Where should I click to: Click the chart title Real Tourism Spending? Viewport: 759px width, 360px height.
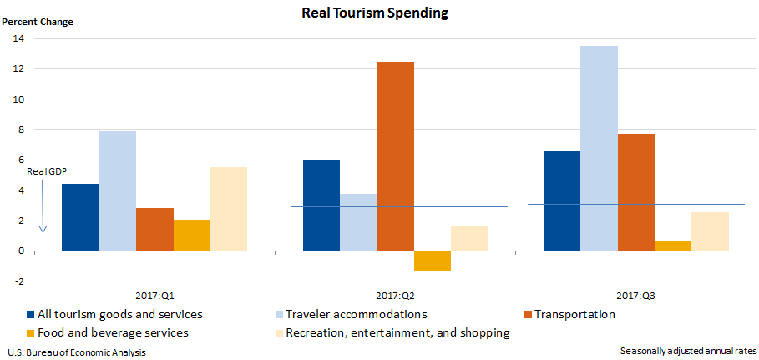[x=379, y=13]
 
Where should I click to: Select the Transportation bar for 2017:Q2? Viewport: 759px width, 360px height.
[x=395, y=156]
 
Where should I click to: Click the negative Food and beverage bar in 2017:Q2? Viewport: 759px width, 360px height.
[x=432, y=261]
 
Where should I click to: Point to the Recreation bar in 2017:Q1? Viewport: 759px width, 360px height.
[x=229, y=209]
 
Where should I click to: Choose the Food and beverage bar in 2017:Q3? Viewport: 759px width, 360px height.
[x=673, y=246]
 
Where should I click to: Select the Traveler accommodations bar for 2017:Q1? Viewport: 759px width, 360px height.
[x=118, y=190]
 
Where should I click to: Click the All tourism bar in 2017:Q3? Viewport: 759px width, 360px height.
[x=562, y=200]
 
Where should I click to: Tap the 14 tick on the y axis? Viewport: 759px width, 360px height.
[x=18, y=38]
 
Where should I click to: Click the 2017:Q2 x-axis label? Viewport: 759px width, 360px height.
[x=395, y=296]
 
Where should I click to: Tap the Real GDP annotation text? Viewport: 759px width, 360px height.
[x=47, y=171]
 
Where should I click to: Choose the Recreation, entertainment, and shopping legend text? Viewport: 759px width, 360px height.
[x=397, y=332]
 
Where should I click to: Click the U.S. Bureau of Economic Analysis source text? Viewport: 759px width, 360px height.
[x=71, y=352]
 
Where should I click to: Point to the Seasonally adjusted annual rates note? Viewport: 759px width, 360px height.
[x=688, y=350]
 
